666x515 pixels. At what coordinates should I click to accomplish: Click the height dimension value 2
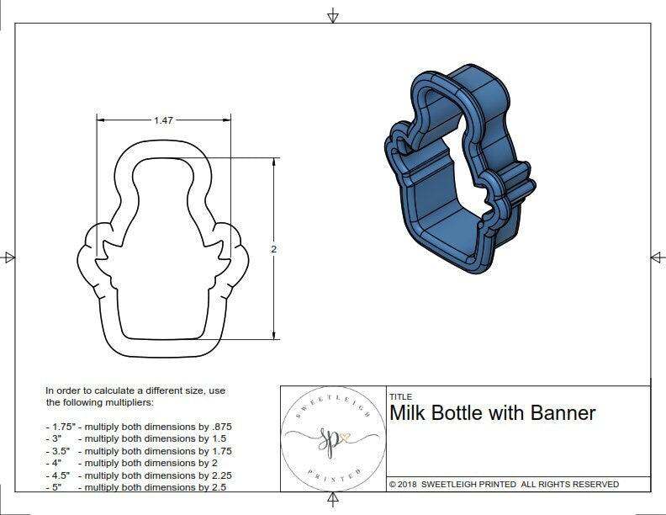point(274,249)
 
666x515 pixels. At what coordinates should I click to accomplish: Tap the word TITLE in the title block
point(400,396)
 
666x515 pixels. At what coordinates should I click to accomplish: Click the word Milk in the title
point(410,412)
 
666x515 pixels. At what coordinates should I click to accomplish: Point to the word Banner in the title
point(563,412)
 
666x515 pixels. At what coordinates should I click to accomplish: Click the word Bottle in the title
point(465,412)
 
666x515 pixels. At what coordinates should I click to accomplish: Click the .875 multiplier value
point(220,427)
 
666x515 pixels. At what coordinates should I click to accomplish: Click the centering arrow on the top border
point(333,16)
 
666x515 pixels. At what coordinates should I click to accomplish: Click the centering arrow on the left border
point(9,257)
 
